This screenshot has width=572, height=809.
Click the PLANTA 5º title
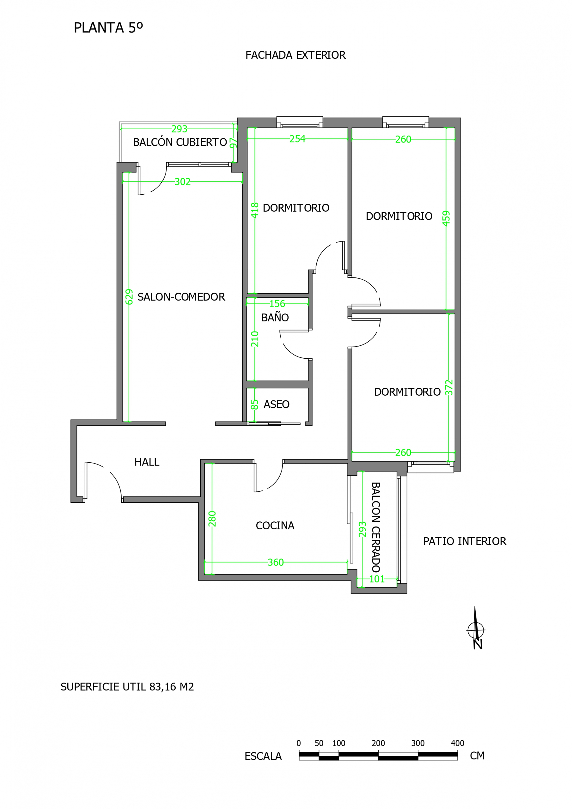click(x=108, y=27)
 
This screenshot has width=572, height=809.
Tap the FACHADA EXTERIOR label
click(x=295, y=55)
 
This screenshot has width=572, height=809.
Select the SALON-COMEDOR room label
click(x=181, y=297)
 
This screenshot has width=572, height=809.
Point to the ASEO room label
click(x=276, y=404)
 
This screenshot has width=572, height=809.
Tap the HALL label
click(x=147, y=462)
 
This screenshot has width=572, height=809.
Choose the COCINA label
click(x=275, y=526)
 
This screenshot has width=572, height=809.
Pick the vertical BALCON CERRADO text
click(x=376, y=527)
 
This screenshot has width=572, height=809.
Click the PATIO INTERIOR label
click(x=465, y=541)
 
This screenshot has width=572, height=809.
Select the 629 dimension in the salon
click(x=129, y=297)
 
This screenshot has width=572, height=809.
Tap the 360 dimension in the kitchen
click(x=276, y=563)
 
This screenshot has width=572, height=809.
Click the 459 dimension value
click(x=446, y=218)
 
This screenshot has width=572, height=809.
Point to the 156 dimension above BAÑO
click(x=277, y=304)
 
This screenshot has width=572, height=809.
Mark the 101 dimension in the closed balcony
click(x=377, y=579)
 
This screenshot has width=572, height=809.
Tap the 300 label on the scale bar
click(x=418, y=743)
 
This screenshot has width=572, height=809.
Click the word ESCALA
click(x=263, y=756)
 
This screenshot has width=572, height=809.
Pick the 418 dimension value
click(x=255, y=210)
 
